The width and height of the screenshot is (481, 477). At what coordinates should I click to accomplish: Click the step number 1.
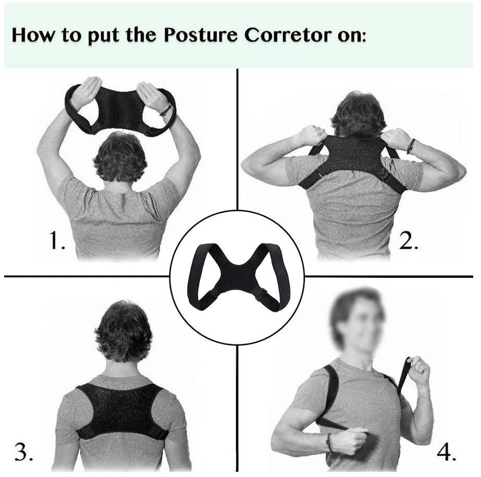tap(55, 242)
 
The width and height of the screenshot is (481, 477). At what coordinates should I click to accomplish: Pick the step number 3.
tap(24, 452)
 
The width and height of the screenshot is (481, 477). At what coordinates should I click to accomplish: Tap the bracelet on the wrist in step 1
tap(166, 110)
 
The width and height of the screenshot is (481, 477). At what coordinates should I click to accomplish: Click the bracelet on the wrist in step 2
tap(411, 146)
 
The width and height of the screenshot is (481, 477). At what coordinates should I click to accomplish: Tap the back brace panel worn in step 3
tap(121, 410)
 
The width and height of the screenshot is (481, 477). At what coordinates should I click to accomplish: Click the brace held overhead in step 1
tap(120, 107)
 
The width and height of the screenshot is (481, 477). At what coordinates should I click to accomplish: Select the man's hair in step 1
tap(119, 156)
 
